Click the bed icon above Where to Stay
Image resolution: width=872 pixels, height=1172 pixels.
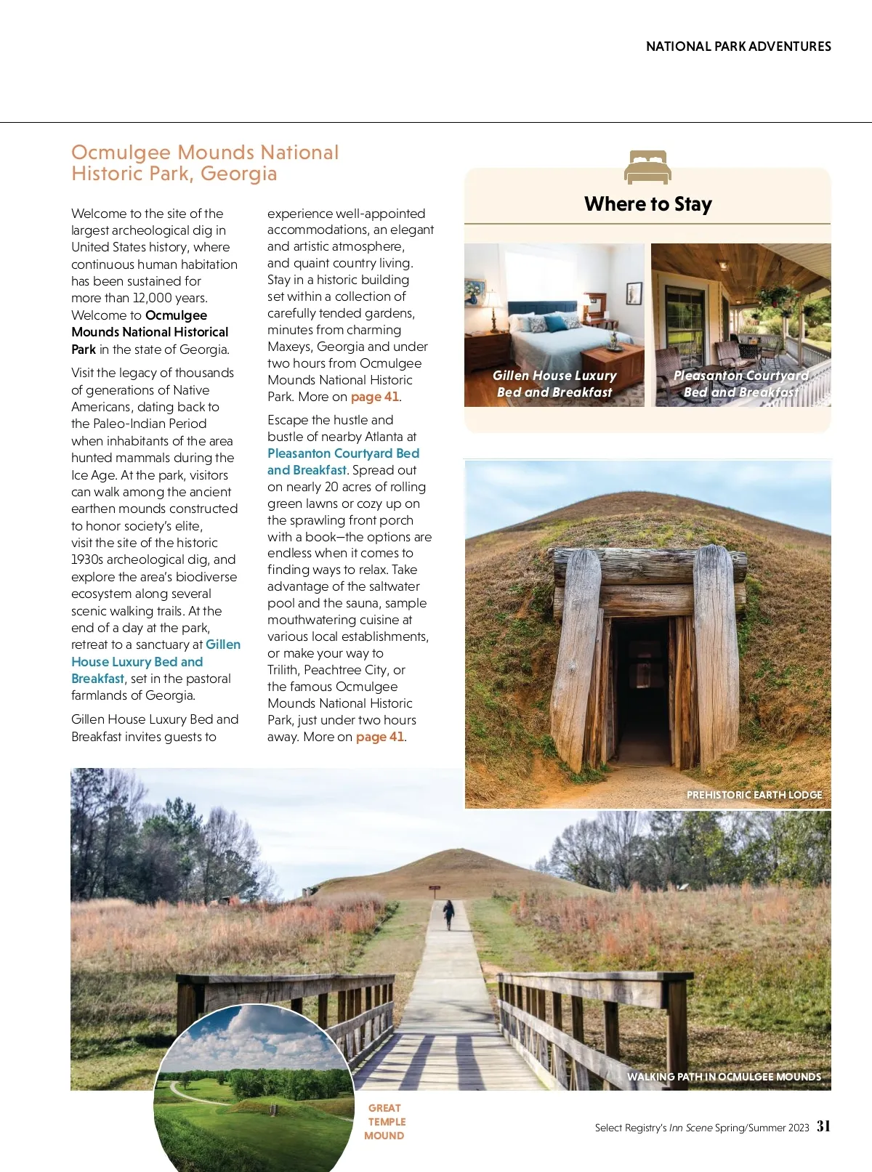point(647,167)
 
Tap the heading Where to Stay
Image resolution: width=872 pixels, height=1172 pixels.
point(647,204)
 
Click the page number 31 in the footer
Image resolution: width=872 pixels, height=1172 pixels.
point(823,1126)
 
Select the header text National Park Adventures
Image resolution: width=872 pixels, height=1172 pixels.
point(738,47)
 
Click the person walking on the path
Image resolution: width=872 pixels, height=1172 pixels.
point(449,913)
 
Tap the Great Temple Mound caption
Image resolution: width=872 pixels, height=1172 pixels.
point(385,1122)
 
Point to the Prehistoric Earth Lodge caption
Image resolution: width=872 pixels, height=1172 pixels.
point(754,795)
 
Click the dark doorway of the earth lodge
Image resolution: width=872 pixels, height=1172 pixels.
point(642,690)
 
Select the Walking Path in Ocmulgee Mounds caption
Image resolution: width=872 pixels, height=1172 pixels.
point(724,1077)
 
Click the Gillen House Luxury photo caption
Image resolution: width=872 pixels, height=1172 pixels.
point(554,384)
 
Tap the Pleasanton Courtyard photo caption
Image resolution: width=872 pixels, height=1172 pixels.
point(740,384)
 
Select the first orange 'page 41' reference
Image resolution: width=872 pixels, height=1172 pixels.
point(375,397)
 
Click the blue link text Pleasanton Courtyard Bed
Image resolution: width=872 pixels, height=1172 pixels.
point(343,453)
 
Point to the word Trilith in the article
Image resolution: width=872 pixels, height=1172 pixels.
point(283,670)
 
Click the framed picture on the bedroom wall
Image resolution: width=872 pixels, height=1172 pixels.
point(634,293)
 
